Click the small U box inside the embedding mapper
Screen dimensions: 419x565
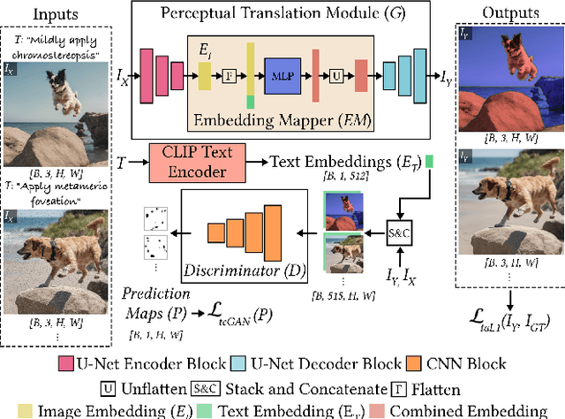335,77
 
